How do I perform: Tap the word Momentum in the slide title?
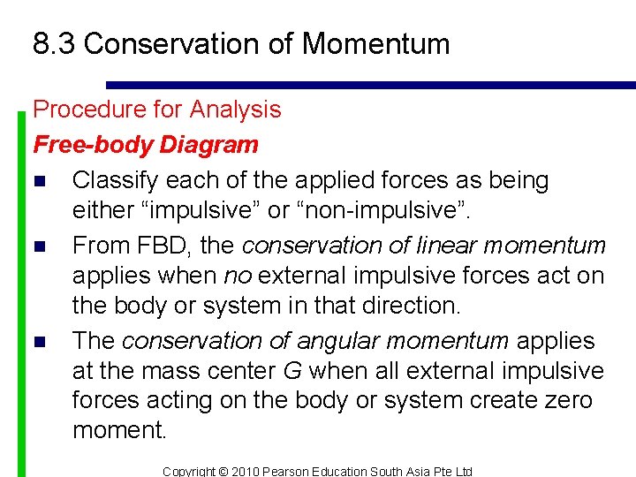coord(381,43)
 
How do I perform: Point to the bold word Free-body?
coord(84,144)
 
